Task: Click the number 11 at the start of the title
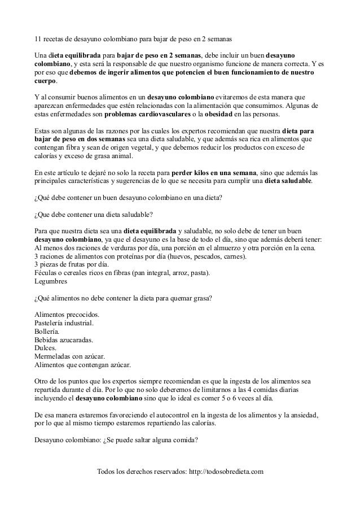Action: (x=38, y=41)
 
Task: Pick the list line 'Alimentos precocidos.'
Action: (x=67, y=314)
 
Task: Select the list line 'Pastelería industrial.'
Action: (x=64, y=323)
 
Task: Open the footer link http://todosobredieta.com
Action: (x=220, y=472)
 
